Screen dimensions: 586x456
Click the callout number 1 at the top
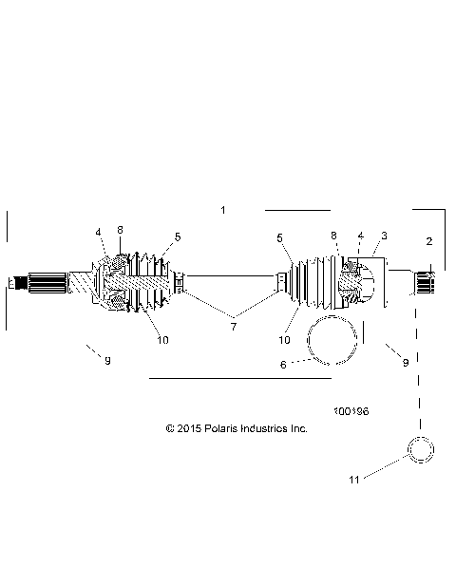click(x=223, y=210)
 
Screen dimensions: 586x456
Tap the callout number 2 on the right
click(x=428, y=241)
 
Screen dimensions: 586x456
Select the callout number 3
click(x=384, y=236)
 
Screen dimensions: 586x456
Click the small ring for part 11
click(x=420, y=448)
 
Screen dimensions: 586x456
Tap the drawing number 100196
click(x=351, y=412)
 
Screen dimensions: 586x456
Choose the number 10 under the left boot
click(x=163, y=339)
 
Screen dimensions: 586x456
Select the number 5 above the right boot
click(x=279, y=237)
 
